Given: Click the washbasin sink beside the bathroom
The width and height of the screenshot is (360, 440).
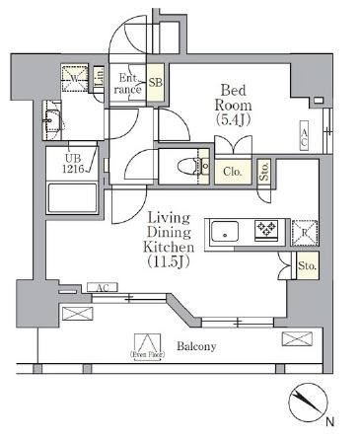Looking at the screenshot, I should [54, 125].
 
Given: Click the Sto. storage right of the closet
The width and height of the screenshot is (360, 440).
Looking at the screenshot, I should [264, 174].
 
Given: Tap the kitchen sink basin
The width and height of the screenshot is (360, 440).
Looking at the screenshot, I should [225, 232].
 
